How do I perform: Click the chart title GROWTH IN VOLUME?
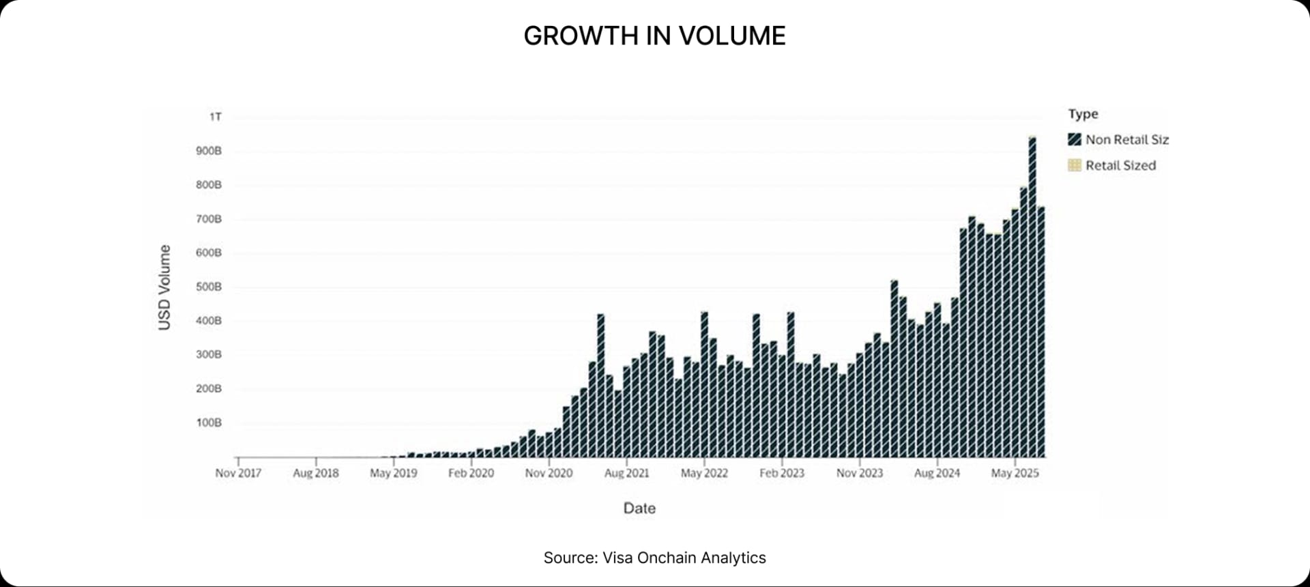pos(654,35)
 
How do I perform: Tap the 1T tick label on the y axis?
pos(216,117)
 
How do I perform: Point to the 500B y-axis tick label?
pos(209,287)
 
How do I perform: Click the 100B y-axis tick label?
pos(209,423)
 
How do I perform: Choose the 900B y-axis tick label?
pos(209,151)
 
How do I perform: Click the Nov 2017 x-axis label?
pos(238,473)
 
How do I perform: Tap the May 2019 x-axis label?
pos(393,473)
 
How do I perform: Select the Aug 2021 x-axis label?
pos(626,473)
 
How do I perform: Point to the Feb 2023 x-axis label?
pos(782,473)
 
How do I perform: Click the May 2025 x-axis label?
pos(1015,473)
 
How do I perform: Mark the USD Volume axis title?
pos(164,287)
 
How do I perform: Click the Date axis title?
pos(639,508)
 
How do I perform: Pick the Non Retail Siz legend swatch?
pos(1075,140)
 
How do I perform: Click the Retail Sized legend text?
pos(1120,165)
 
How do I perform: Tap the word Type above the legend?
pos(1083,114)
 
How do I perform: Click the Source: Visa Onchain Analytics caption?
pos(654,558)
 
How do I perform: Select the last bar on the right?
pos(1041,334)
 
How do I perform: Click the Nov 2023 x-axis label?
pos(860,473)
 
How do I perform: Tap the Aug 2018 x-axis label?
pos(316,473)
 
